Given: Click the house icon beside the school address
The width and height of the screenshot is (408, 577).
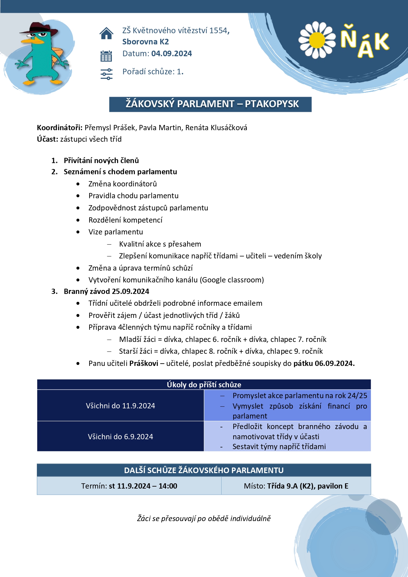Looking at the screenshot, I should pyautogui.click(x=106, y=33).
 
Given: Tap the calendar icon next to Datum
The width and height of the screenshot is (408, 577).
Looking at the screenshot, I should pyautogui.click(x=106, y=56).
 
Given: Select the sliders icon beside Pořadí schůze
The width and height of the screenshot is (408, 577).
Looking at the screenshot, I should pyautogui.click(x=106, y=74).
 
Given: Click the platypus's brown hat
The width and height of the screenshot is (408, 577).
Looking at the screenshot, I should pyautogui.click(x=39, y=29).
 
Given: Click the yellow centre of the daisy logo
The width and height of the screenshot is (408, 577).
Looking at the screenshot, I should pyautogui.click(x=317, y=40).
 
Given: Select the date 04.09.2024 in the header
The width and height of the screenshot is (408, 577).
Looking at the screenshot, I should pyautogui.click(x=171, y=54).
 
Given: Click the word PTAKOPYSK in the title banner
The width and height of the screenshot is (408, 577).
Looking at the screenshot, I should pyautogui.click(x=272, y=104).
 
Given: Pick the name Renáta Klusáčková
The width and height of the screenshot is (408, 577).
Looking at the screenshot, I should pyautogui.click(x=216, y=128).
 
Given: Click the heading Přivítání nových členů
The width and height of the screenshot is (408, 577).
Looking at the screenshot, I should pyautogui.click(x=101, y=160).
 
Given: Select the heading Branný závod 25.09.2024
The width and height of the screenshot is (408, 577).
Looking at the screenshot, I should pyautogui.click(x=106, y=291).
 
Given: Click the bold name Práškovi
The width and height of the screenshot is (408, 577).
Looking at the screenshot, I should pyautogui.click(x=144, y=363).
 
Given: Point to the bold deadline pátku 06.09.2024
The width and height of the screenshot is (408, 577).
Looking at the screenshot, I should pyautogui.click(x=324, y=363).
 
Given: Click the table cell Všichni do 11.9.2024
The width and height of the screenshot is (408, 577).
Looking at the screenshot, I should pyautogui.click(x=120, y=406).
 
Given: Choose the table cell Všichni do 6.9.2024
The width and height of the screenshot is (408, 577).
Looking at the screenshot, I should pyautogui.click(x=120, y=437).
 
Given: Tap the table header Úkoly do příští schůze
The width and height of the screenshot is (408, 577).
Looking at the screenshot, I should pyautogui.click(x=204, y=385).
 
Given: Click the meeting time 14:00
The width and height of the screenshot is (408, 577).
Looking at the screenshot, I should pyautogui.click(x=168, y=486).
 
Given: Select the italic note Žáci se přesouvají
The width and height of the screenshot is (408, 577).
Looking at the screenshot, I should pyautogui.click(x=204, y=518).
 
